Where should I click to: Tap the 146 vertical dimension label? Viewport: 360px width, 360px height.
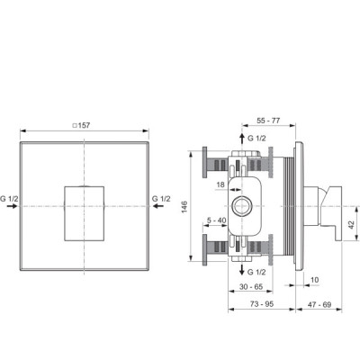[x=184, y=207]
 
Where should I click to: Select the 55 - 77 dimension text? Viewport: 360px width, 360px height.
[x=268, y=121]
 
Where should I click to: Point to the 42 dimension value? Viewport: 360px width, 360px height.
[x=351, y=225]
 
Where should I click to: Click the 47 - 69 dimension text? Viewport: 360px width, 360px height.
[x=319, y=304]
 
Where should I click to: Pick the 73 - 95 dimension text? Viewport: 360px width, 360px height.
[x=262, y=304]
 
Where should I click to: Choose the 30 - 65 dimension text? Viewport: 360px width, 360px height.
[x=251, y=287]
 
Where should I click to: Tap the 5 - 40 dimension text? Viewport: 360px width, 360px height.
[x=216, y=220]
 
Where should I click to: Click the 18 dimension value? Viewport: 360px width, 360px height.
[x=220, y=184]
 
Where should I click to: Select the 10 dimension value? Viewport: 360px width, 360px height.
[x=314, y=280]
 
